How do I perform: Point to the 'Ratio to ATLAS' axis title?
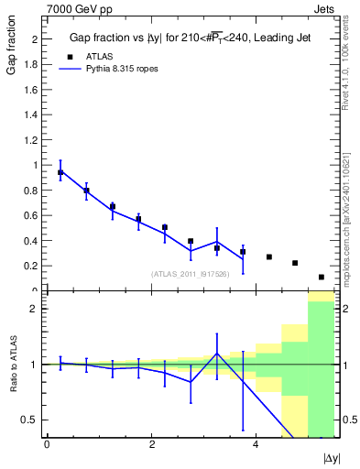[12, 365]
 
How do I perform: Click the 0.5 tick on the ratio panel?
[34, 420]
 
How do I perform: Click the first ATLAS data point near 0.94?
[60, 172]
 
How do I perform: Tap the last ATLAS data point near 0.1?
[321, 277]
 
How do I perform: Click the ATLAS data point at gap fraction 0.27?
[268, 256]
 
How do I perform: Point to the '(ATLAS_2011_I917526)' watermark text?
[191, 274]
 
